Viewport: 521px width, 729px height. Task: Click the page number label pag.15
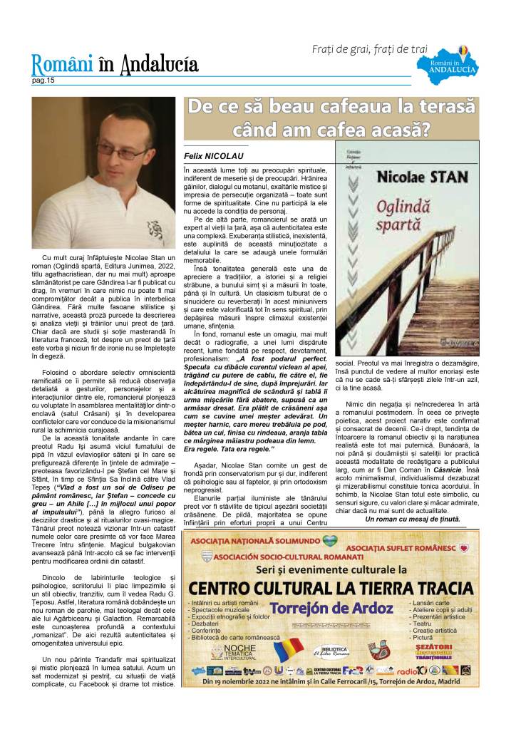pyautogui.click(x=43, y=81)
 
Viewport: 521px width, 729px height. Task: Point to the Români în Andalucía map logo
pyautogui.click(x=456, y=64)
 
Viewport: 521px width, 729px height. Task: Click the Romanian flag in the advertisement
pyautogui.click(x=290, y=650)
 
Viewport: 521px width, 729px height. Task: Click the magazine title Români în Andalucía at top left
pyautogui.click(x=114, y=66)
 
